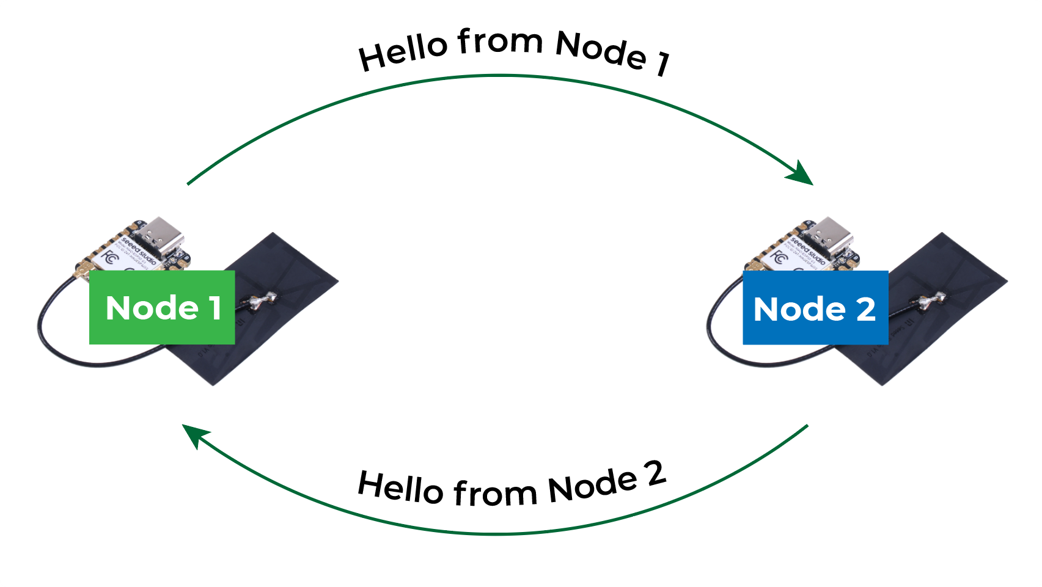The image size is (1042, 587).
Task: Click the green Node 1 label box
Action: [162, 307]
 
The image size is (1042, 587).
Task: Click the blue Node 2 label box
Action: [815, 308]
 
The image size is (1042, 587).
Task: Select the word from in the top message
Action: [500, 42]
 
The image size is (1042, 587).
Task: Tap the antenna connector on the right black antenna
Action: [931, 300]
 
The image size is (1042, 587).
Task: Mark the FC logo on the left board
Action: [110, 257]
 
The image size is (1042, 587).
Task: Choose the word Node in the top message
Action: [601, 50]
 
